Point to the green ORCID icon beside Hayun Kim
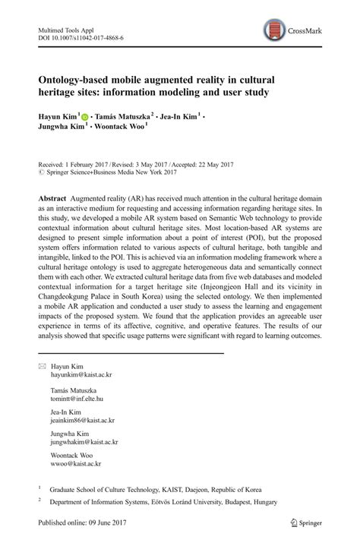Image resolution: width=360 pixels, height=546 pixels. [x=84, y=116]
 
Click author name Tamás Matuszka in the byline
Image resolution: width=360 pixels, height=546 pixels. [x=122, y=116]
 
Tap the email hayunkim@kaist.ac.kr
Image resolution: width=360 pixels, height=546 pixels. [x=81, y=375]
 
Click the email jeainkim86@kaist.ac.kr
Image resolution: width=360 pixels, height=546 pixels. [x=83, y=419]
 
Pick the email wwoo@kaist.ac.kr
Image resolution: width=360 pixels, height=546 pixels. [x=76, y=463]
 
